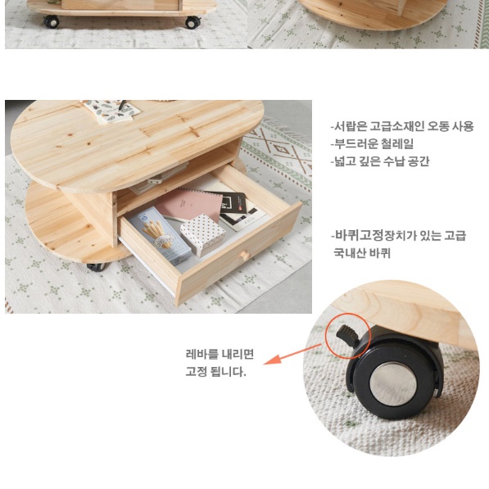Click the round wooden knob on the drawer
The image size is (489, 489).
point(242,257)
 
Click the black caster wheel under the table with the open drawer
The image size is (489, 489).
point(95,266)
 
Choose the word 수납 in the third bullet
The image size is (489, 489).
point(392,161)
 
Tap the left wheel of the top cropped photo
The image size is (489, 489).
point(52,21)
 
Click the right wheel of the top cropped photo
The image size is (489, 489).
point(192,22)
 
